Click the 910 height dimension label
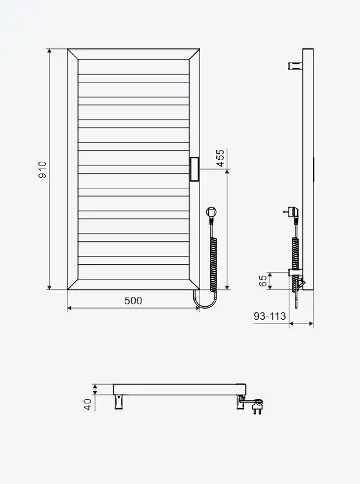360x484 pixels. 42,169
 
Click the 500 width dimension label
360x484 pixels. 133,301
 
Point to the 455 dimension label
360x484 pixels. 220,158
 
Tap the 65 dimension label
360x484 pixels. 263,281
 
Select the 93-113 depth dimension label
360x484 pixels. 270,316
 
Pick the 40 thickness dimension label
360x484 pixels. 88,404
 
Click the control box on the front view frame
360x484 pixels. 194,169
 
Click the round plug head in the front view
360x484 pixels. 211,212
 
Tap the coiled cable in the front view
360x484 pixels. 213,265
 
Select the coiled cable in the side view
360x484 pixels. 296,253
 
